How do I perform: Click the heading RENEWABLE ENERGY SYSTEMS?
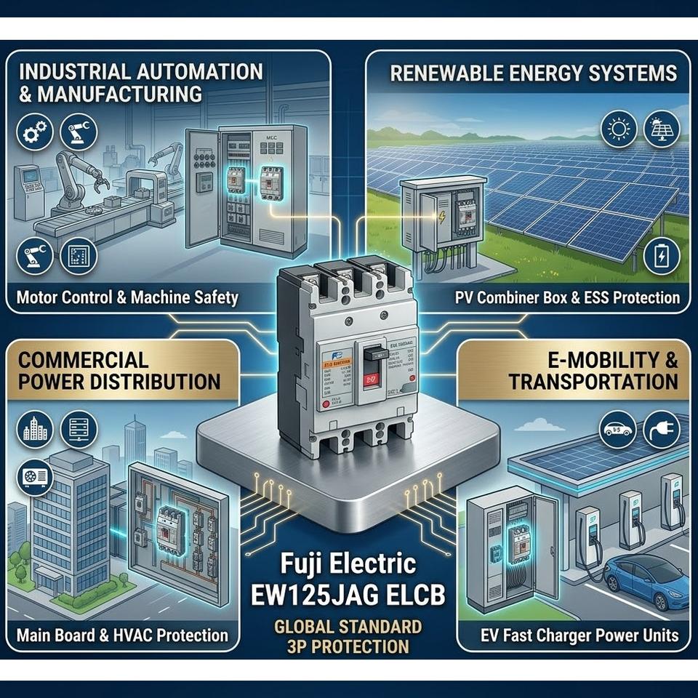click(x=533, y=73)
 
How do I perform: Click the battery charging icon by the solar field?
click(x=662, y=256)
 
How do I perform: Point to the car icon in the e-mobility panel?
click(x=619, y=429)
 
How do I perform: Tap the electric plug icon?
click(x=662, y=429)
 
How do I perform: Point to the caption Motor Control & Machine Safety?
click(x=127, y=298)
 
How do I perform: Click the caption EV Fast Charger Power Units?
click(x=579, y=635)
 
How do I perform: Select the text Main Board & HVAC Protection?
click(x=122, y=635)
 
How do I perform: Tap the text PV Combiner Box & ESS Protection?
click(x=567, y=297)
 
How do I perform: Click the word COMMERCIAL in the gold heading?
click(x=83, y=359)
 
